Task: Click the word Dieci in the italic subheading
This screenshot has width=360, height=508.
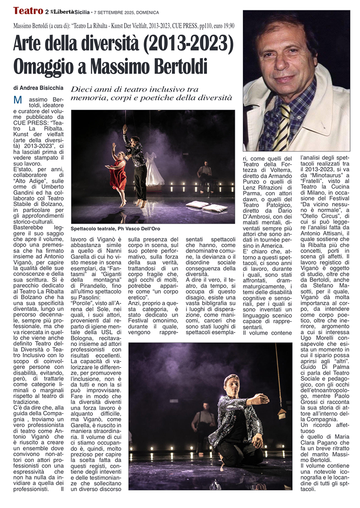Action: click(82, 90)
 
